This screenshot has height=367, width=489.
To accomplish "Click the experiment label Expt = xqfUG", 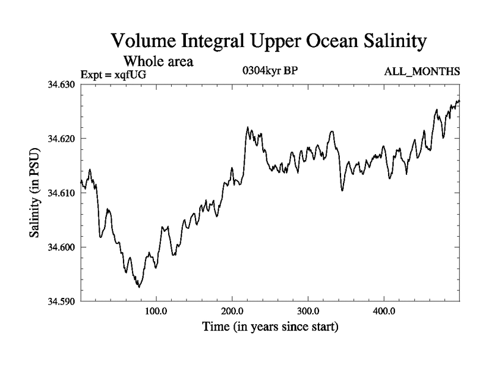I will pos(114,75).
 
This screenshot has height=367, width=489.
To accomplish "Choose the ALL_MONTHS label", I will pos(422,72).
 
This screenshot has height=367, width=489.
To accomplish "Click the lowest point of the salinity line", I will pos(139,287).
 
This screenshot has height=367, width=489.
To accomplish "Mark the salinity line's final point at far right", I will pos(459,100).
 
